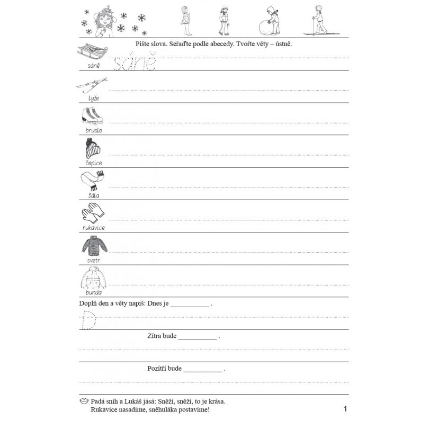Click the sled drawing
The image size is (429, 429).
93,53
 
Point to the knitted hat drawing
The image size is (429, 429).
93,148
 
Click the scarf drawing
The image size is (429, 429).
93,180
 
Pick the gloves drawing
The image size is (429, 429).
93,213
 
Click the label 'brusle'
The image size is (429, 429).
93,130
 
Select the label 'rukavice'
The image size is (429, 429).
93,228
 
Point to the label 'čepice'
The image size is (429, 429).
93,163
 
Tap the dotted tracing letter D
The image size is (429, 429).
88,319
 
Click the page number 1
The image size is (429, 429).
345,408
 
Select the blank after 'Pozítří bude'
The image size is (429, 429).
203,369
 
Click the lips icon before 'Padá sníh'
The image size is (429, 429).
84,401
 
